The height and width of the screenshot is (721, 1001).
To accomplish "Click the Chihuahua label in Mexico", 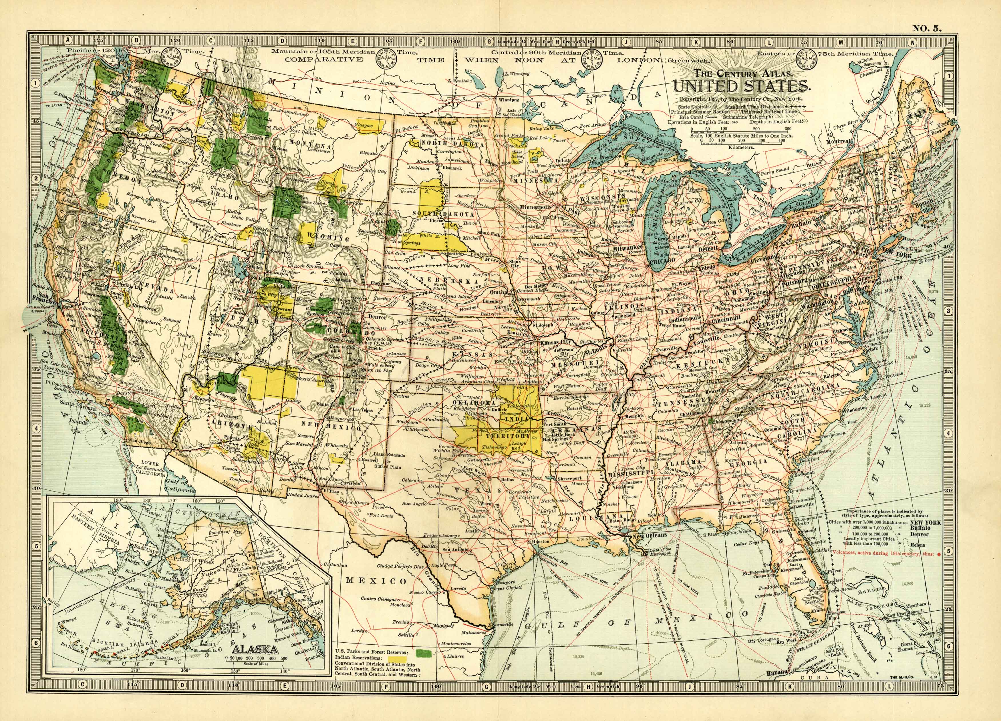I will click(335, 564).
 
